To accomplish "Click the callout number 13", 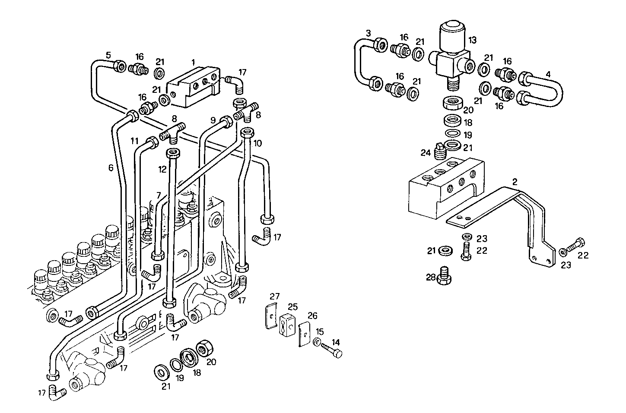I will coord(472,40).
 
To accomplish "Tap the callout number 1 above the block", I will coord(193,63).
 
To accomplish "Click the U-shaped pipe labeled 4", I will coord(553,91).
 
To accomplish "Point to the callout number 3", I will coord(368,33).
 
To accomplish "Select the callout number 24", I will coord(426,153).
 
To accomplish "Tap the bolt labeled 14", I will coord(333,350).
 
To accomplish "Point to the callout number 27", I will coord(275,296).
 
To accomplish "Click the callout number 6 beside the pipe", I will coord(111,167).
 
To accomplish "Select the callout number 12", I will coord(162,170).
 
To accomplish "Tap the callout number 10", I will coord(257,142).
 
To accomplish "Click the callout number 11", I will coord(135,141).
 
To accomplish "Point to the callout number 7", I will coord(159,195).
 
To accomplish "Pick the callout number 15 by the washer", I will coord(319,331).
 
